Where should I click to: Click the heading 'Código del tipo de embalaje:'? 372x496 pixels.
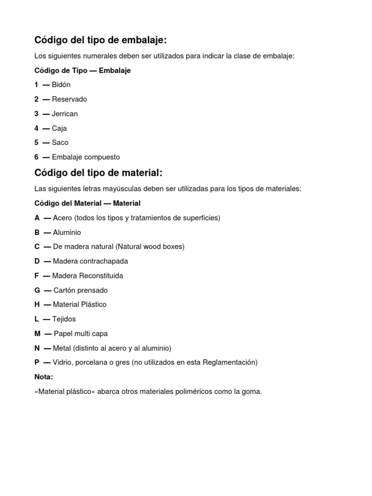coord(100,40)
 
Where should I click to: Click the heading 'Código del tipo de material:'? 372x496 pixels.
coord(98,173)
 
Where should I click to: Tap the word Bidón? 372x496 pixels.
coord(61,85)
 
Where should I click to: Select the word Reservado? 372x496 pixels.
coord(69,99)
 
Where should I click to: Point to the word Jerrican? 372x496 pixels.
coord(64,114)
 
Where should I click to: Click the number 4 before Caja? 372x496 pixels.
coord(36,128)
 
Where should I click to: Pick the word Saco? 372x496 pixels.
coord(60,142)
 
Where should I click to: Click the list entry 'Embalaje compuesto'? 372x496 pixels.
coord(86,157)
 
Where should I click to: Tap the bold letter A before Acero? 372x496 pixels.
coord(37,218)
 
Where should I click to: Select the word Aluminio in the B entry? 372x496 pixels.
coord(67,232)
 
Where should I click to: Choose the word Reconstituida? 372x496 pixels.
coord(101,276)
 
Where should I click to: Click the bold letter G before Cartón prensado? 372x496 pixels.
coord(37,290)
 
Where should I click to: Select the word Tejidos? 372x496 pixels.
coord(64,319)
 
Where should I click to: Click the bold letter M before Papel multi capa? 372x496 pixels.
coord(37,333)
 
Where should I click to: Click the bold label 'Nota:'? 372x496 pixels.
coord(44,377)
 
